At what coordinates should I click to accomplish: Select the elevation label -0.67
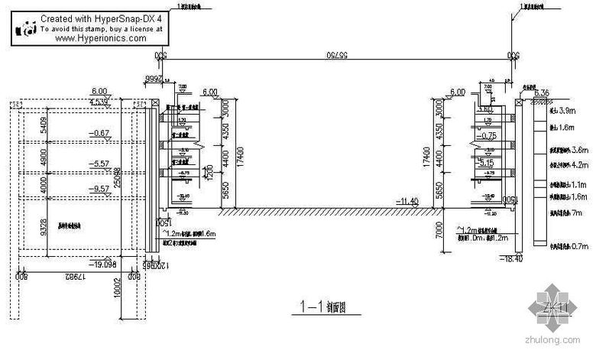(99, 134)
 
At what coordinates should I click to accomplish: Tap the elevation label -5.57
(99, 164)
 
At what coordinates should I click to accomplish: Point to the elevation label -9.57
(99, 188)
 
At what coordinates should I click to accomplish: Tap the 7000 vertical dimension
(437, 231)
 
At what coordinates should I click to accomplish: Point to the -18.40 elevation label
(533, 260)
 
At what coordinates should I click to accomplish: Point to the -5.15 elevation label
(487, 164)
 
